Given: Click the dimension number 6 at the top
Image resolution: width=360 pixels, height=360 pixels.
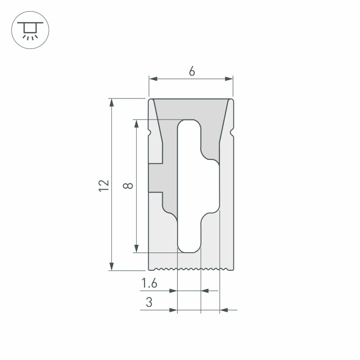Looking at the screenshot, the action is (x=192, y=71).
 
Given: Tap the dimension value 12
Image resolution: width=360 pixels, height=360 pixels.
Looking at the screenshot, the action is (x=104, y=186).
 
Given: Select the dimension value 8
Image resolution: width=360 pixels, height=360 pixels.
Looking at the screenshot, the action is (x=128, y=185).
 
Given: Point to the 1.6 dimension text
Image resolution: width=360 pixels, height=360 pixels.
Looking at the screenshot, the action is (x=149, y=283).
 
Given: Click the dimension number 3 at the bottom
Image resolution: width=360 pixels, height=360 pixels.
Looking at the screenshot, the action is (x=149, y=302).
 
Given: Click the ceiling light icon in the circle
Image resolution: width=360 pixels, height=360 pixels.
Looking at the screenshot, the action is (x=30, y=31).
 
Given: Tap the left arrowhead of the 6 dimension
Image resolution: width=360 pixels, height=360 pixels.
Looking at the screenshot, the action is (x=154, y=79).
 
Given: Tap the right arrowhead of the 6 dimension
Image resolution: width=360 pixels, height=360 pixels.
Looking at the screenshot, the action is (x=229, y=79).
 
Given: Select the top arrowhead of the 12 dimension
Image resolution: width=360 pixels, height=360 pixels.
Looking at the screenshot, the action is (x=111, y=103).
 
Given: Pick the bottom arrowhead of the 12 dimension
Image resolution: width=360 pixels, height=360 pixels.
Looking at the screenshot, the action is (x=111, y=266).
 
